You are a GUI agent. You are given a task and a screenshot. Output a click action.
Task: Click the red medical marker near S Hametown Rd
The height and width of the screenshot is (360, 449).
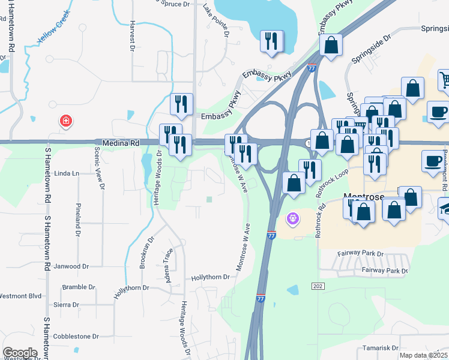[x=65, y=122]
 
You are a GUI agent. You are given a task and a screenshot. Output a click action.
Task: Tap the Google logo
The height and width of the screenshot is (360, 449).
[x=20, y=353]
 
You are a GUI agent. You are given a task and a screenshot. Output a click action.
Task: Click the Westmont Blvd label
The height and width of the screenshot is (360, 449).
[x=20, y=296]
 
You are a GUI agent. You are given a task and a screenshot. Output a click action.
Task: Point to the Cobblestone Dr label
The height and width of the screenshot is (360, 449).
[x=75, y=337]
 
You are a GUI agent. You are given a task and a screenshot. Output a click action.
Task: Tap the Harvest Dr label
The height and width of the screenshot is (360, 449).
[x=132, y=36]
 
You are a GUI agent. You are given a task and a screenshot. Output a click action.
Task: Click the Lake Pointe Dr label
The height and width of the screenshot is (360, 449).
[x=216, y=21]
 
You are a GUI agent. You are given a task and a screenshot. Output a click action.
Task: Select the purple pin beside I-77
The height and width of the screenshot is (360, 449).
[x=292, y=219]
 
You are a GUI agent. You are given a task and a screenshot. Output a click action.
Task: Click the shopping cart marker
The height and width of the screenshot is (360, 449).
[x=444, y=80]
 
